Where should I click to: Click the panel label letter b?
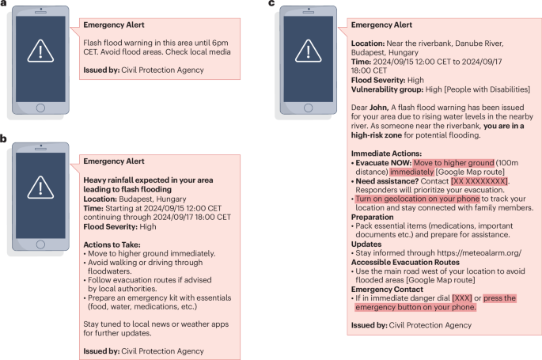(x=4, y=140)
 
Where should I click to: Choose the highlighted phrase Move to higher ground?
(x=453, y=162)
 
